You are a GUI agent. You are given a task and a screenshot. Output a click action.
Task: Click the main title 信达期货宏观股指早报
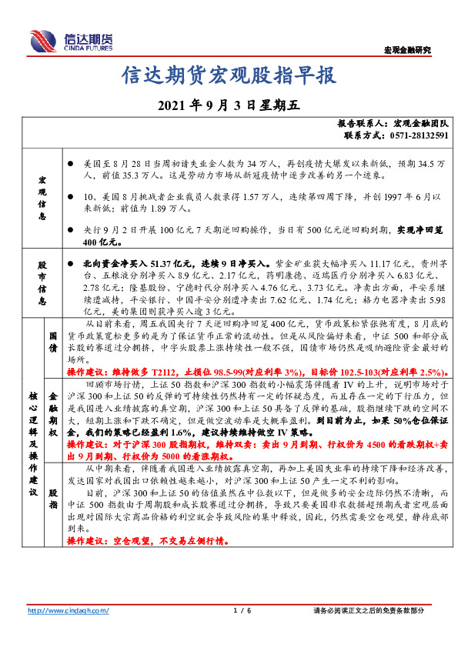pos(229,75)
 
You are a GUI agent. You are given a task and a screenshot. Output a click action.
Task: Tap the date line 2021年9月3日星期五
pos(229,105)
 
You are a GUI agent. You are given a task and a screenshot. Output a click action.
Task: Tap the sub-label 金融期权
pos(54,414)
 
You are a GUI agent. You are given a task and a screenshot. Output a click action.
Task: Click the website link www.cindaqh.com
pos(69,610)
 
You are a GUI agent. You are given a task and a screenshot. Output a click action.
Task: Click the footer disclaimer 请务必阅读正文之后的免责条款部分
pos(369,610)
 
